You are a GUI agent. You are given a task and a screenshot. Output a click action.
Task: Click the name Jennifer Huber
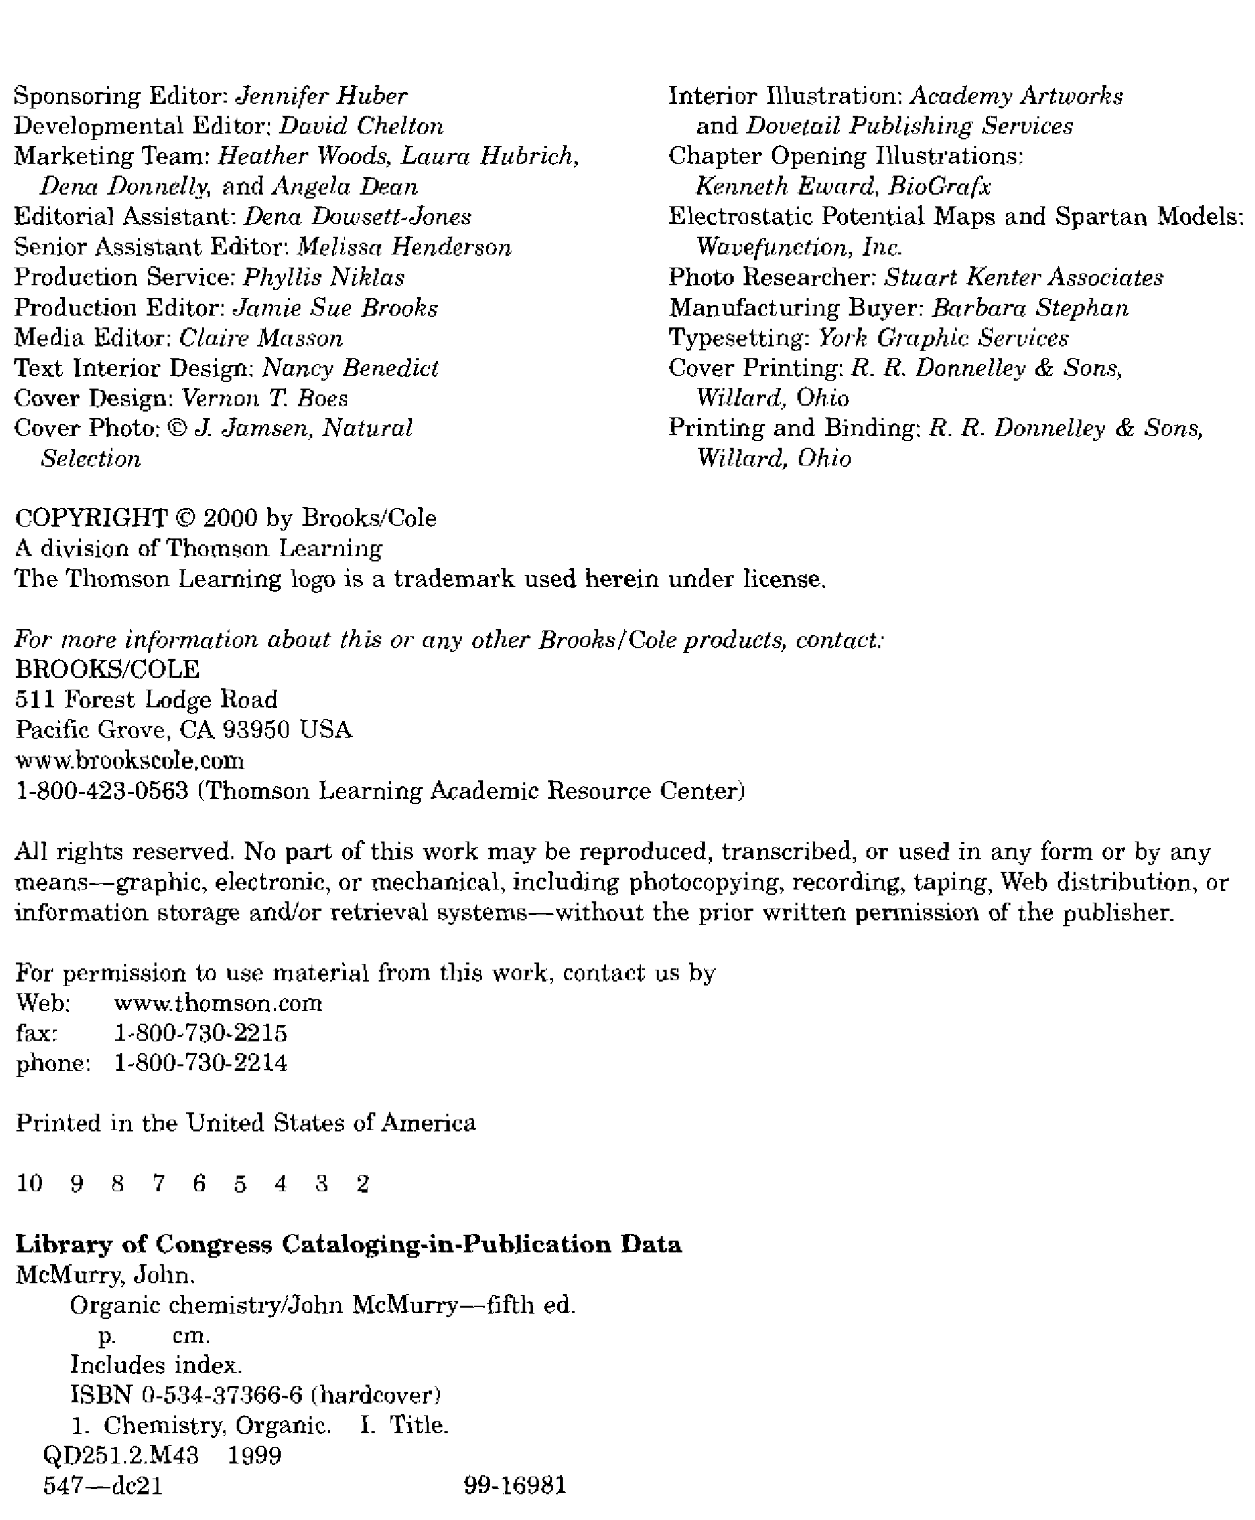321,96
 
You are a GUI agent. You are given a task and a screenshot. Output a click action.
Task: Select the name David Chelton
361,126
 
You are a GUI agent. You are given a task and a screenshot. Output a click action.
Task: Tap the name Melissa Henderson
404,247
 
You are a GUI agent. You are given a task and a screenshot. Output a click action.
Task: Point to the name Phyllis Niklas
323,277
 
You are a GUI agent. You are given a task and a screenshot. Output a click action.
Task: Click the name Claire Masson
260,339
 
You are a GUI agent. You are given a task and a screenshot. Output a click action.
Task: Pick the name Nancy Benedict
350,369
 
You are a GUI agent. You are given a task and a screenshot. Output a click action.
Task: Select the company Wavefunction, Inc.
799,247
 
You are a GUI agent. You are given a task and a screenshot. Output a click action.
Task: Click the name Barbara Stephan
1030,308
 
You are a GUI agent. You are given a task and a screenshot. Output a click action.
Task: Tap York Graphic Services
943,339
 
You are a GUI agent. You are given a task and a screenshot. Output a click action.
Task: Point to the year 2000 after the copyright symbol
230,518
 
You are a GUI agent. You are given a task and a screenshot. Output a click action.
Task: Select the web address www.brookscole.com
130,761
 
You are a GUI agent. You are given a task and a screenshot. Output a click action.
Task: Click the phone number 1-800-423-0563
102,791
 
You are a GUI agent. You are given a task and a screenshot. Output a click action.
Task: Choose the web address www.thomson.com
218,1003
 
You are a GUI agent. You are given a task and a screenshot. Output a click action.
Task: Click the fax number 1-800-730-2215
201,1033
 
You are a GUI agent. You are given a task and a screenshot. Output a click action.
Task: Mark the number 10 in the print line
30,1183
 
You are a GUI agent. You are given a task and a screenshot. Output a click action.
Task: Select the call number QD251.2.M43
121,1455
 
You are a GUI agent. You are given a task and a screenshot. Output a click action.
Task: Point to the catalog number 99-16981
515,1485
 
